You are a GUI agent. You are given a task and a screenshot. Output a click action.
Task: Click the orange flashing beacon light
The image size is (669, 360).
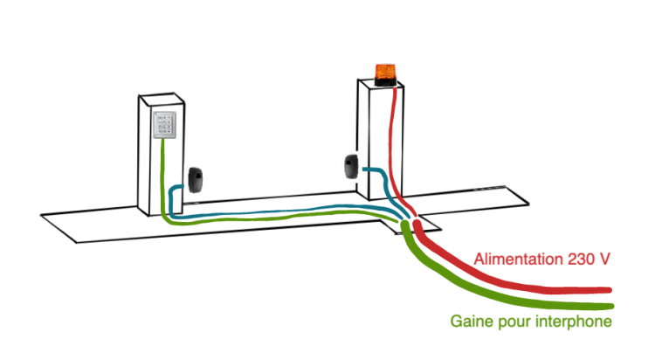(384, 69)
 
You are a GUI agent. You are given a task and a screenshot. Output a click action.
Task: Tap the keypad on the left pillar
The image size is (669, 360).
(164, 126)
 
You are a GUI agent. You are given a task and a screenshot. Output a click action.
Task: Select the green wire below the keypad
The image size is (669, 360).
(163, 175)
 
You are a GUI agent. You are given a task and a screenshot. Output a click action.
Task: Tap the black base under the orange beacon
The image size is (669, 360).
(384, 81)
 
